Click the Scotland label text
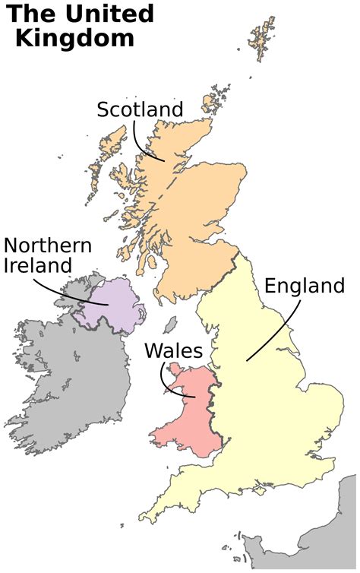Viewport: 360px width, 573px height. coord(140,109)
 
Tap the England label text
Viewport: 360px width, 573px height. coord(304,286)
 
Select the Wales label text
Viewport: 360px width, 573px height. coord(173,351)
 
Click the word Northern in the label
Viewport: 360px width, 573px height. coord(48,245)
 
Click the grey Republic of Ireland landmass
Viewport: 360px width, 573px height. coord(68,372)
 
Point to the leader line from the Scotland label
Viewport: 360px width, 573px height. coord(141,145)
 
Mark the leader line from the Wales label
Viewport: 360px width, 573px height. coord(172,385)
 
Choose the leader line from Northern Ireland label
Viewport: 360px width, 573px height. coord(76,293)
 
